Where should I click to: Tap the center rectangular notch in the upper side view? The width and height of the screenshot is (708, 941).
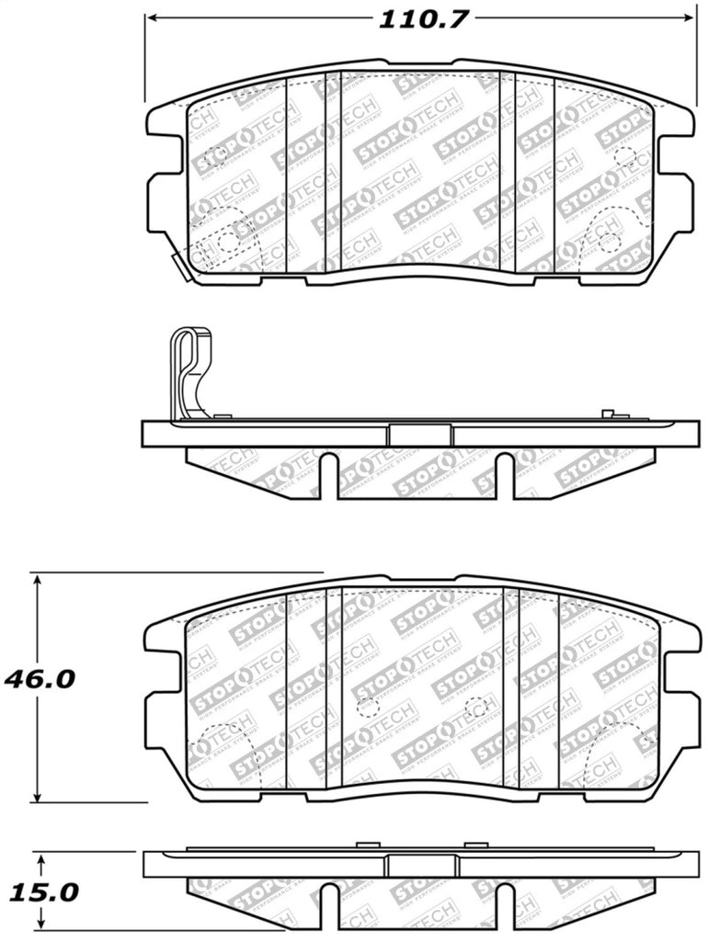pyautogui.click(x=420, y=435)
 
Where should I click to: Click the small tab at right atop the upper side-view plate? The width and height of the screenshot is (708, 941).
pyautogui.click(x=607, y=415)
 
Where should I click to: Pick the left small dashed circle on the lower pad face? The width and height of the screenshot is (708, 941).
pyautogui.click(x=368, y=708)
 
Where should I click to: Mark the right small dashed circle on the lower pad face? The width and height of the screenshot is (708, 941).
pyautogui.click(x=476, y=708)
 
